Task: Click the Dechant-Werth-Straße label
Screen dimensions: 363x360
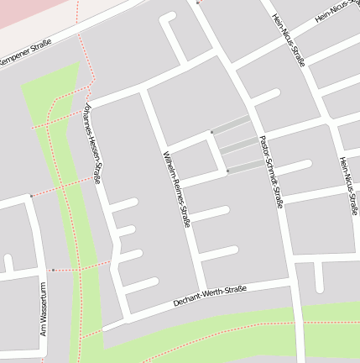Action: [209, 296]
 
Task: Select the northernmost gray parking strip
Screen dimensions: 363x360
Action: [231, 125]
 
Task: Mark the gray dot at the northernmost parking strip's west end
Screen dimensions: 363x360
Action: [211, 132]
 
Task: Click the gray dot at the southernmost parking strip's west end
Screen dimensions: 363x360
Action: [227, 171]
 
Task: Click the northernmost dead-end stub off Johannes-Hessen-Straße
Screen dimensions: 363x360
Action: [124, 204]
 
